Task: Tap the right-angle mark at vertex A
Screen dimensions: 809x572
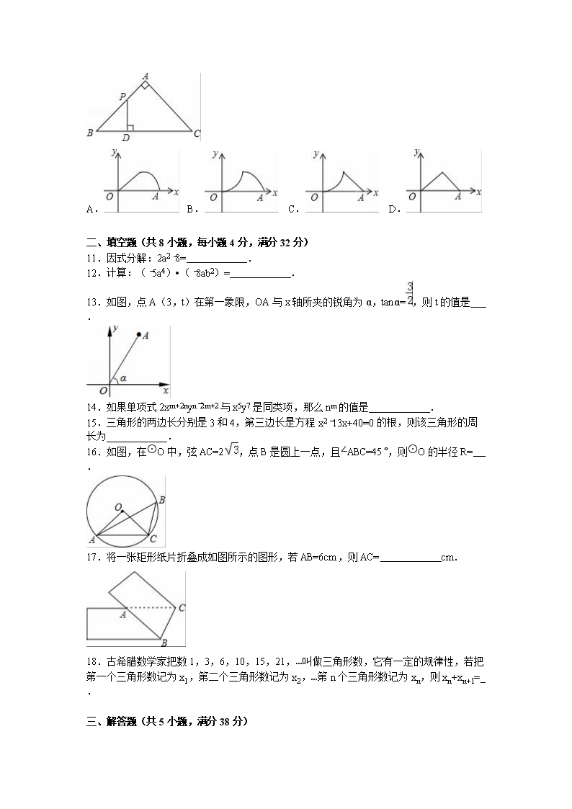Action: click(x=146, y=86)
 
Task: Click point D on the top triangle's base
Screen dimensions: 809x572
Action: click(x=126, y=138)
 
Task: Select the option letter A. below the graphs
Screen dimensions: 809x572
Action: click(x=91, y=210)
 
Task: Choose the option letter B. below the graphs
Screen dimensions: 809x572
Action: click(x=192, y=210)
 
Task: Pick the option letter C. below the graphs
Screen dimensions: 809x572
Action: click(x=293, y=210)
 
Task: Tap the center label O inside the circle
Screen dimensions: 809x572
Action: click(x=117, y=507)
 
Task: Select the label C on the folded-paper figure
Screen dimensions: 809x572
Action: click(x=182, y=608)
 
